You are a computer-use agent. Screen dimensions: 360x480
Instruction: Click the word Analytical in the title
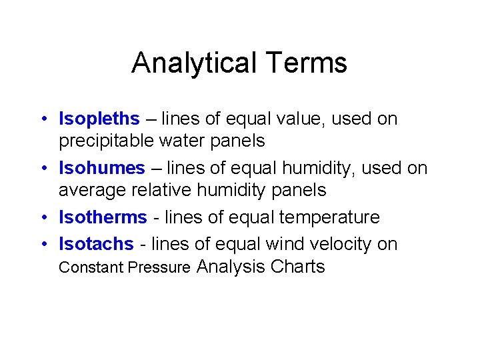(x=193, y=63)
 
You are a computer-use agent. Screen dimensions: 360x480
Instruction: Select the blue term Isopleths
(x=99, y=119)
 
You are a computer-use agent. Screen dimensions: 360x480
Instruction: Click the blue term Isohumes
(x=101, y=168)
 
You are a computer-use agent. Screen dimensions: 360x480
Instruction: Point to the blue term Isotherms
(x=103, y=217)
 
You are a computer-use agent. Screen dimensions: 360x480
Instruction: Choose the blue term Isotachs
(x=96, y=244)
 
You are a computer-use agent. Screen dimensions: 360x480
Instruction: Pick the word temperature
(x=325, y=217)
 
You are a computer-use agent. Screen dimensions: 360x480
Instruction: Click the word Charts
(x=297, y=267)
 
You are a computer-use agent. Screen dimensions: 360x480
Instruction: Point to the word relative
(x=162, y=190)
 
